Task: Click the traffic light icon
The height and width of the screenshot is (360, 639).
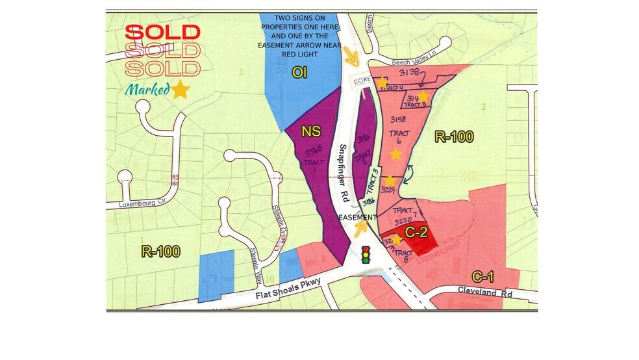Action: point(366,253)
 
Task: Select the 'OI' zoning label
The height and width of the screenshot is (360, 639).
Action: point(299,73)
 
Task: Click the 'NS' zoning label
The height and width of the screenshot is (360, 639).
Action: point(310,132)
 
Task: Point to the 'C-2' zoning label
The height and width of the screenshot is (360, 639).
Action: point(415,231)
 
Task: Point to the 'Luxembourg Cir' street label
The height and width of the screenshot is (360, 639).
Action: point(144,203)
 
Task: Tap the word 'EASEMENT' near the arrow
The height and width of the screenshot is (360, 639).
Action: point(357,217)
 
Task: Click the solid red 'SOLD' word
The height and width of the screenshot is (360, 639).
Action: point(162,32)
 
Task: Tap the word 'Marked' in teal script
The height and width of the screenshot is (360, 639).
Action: point(147,90)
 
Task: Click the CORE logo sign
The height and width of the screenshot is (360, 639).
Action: point(361,81)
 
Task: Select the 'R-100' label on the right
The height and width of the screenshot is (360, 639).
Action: point(453,137)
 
